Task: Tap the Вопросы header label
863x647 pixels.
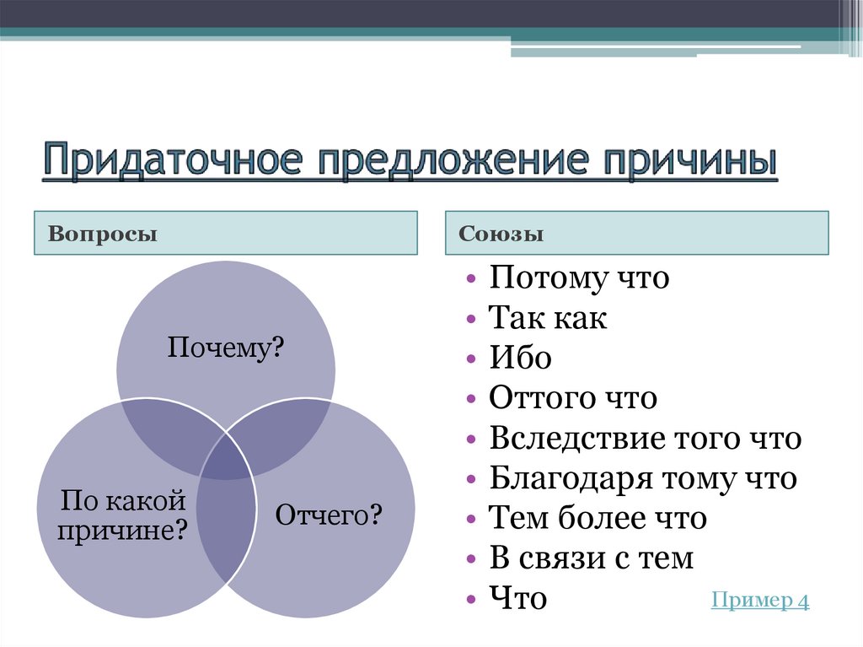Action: pos(103,234)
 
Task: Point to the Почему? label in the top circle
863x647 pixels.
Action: pos(225,347)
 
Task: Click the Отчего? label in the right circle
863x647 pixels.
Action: pos(330,514)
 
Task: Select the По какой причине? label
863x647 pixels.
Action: pos(123,516)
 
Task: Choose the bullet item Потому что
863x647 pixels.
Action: pos(579,278)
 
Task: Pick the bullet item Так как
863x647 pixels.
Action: pos(548,319)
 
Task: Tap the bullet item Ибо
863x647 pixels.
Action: pos(521,359)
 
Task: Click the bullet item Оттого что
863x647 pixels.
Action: pos(572,398)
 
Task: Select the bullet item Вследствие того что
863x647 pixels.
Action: pos(646,439)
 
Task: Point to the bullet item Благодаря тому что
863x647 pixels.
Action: pos(643,479)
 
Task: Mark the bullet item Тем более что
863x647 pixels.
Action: pos(598,519)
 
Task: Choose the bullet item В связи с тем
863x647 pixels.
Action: pos(592,558)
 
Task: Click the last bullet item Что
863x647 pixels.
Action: pos(518,599)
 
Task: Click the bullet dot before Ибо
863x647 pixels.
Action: pos(470,359)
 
